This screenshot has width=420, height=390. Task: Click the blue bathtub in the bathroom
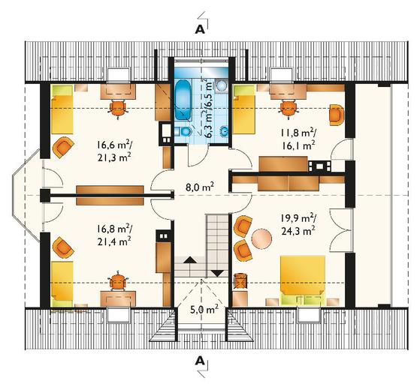(x=183, y=100)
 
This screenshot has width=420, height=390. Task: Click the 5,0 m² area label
(x=204, y=310)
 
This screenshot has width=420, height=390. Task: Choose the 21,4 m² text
(x=114, y=242)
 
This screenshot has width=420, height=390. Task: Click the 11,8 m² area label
(x=298, y=133)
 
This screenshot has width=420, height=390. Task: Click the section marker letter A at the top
(x=200, y=30)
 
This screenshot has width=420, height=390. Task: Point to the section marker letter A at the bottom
(x=200, y=361)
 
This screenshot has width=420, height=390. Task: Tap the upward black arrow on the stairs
(x=190, y=260)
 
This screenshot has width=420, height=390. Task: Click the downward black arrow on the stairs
(x=217, y=273)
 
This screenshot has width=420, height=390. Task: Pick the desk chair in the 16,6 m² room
(x=118, y=108)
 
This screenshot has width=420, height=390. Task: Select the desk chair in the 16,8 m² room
(x=118, y=281)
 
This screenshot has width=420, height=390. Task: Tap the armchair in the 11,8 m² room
(x=337, y=115)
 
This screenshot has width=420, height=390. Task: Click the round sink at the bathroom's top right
(x=222, y=85)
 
